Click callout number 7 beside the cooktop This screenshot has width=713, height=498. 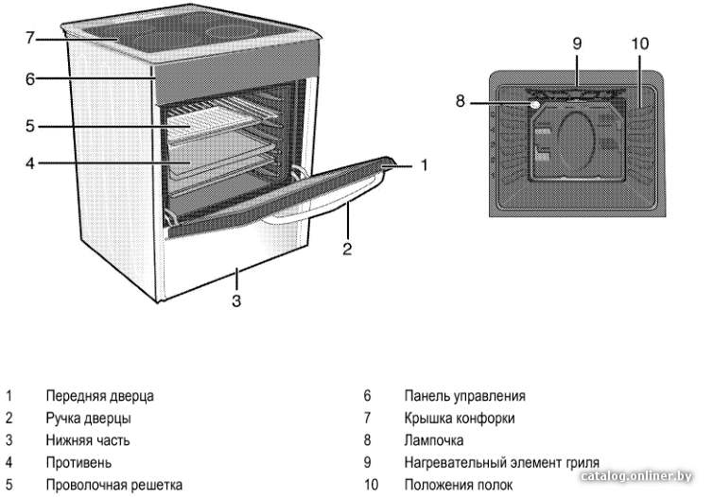pyautogui.click(x=30, y=38)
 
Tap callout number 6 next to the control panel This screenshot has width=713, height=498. pyautogui.click(x=30, y=79)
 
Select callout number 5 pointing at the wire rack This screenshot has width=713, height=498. pyautogui.click(x=30, y=126)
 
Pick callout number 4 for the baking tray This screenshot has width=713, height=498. pyautogui.click(x=30, y=163)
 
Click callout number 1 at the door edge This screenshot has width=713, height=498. pyautogui.click(x=425, y=165)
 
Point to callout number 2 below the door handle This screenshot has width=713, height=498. pyautogui.click(x=347, y=249)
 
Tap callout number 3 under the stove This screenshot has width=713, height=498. pyautogui.click(x=236, y=301)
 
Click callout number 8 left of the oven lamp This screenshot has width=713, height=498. pyautogui.click(x=461, y=101)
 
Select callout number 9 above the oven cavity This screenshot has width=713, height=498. pyautogui.click(x=577, y=43)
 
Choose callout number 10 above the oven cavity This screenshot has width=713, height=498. pyautogui.click(x=640, y=43)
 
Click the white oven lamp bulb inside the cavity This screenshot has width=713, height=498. pyautogui.click(x=535, y=105)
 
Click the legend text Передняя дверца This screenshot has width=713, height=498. pyautogui.click(x=99, y=396)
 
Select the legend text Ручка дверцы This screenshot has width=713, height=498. pyautogui.click(x=88, y=418)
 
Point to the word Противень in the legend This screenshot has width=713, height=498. pyautogui.click(x=78, y=462)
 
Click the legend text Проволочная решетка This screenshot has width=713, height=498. pyautogui.click(x=114, y=485)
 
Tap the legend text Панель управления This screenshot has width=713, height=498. pyautogui.click(x=464, y=396)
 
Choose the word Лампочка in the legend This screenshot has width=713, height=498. pyautogui.click(x=434, y=440)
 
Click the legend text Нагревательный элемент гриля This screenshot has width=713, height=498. pyautogui.click(x=501, y=462)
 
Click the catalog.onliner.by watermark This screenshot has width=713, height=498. pyautogui.click(x=637, y=475)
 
